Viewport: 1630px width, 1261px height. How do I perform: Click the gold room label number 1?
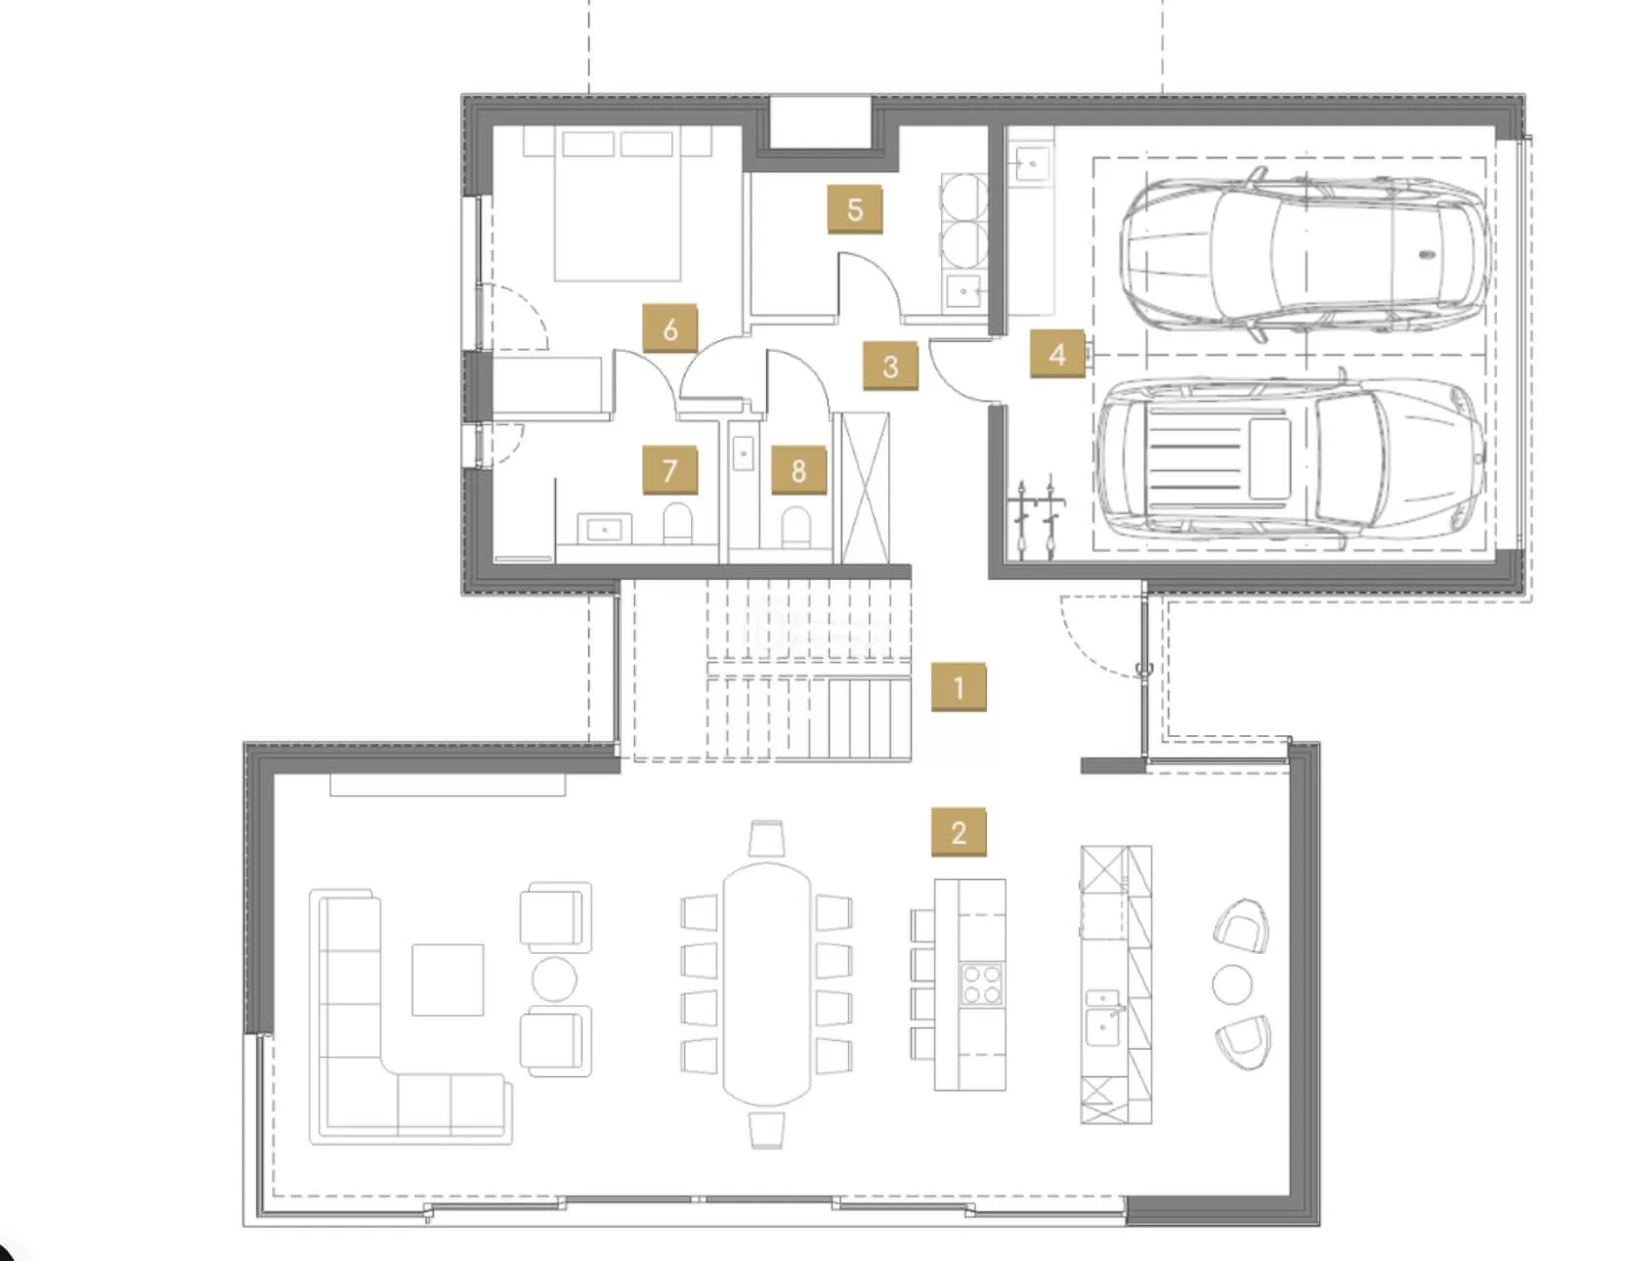coord(958,687)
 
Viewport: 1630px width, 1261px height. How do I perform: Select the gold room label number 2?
coord(958,832)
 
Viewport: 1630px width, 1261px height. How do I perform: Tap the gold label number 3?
coord(890,367)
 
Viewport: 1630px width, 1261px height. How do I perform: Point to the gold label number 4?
coord(1057,353)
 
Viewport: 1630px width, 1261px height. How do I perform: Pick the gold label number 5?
coord(855,209)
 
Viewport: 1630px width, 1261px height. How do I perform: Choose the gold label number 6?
coord(669,328)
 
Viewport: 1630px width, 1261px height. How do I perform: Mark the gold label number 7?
coord(669,470)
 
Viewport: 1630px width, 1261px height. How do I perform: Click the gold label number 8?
coord(797,471)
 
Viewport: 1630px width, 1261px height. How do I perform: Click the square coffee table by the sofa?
coord(448,979)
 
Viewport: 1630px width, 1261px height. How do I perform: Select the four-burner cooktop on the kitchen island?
coord(981,984)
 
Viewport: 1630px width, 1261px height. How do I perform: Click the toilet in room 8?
coord(796,526)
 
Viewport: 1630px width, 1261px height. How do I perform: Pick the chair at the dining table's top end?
coord(767,839)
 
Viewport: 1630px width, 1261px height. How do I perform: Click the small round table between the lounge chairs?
coord(1232,984)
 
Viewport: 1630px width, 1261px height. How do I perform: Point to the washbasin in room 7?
coord(604,529)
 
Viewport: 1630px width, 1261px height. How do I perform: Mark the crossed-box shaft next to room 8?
coord(866,488)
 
